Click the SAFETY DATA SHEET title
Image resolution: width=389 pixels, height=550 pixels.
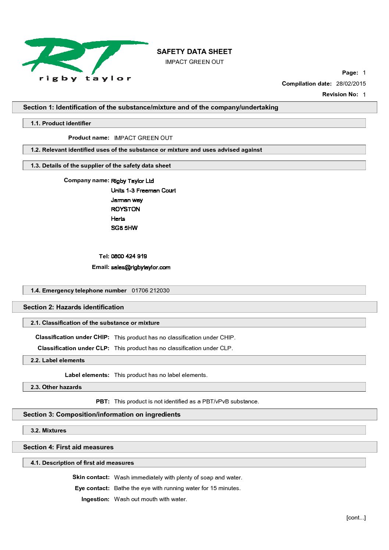pyautogui.click(x=194, y=52)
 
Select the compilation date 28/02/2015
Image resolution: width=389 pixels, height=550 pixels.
pyautogui.click(x=351, y=84)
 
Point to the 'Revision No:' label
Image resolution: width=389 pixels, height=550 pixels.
pyautogui.click(x=340, y=94)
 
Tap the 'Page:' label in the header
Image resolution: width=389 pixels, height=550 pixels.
pyautogui.click(x=350, y=73)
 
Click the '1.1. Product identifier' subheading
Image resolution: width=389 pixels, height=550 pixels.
pyautogui.click(x=61, y=123)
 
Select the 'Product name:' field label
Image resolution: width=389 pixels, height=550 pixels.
pyautogui.click(x=89, y=138)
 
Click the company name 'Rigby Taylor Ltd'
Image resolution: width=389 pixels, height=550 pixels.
pyautogui.click(x=132, y=181)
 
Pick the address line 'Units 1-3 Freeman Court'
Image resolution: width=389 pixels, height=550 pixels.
pyautogui.click(x=143, y=190)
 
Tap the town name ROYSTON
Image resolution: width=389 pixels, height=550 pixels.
pyautogui.click(x=125, y=209)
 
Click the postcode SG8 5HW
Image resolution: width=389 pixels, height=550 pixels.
pyautogui.click(x=124, y=228)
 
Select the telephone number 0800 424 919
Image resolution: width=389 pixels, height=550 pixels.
pyautogui.click(x=129, y=256)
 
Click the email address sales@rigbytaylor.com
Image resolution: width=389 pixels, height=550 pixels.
pyautogui.click(x=141, y=267)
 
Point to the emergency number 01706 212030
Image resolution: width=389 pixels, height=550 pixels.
pyautogui.click(x=150, y=291)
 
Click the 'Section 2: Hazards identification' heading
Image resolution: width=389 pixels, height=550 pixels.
pyautogui.click(x=74, y=307)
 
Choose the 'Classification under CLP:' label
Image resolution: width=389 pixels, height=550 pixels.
pyautogui.click(x=74, y=348)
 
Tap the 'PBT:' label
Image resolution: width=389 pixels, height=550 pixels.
pyautogui.click(x=103, y=402)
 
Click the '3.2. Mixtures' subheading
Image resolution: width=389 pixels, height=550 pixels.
pyautogui.click(x=49, y=431)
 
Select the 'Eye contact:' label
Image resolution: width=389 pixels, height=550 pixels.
pyautogui.click(x=92, y=488)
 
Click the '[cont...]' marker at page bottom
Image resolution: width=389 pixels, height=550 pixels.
pyautogui.click(x=356, y=518)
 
